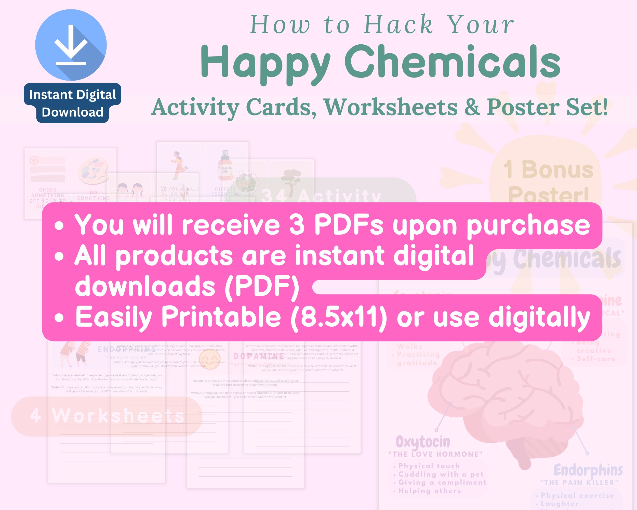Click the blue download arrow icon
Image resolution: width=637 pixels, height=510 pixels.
tap(71, 45)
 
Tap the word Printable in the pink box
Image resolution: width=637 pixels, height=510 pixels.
tap(221, 317)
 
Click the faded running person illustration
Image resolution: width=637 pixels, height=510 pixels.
tap(178, 165)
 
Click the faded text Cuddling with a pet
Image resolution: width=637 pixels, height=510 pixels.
tap(441, 474)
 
